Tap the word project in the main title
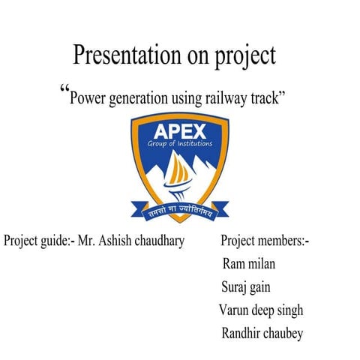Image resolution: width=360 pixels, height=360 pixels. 242,56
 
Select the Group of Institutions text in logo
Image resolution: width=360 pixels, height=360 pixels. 179,142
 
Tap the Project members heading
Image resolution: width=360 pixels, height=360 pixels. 265,241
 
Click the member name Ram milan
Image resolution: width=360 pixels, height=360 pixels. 248,264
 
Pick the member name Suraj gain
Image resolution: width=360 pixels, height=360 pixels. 246,287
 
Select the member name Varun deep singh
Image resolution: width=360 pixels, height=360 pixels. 261,310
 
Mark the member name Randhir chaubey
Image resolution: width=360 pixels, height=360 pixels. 262,334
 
